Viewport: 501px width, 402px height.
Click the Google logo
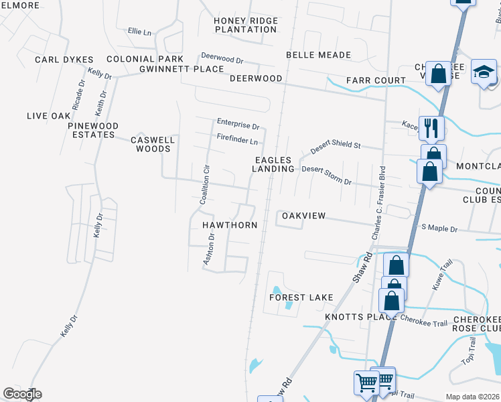[x=22, y=394]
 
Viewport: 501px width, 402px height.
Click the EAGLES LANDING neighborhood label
[x=273, y=164]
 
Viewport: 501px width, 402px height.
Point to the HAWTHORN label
[x=230, y=226]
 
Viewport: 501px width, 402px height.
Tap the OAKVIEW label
[x=303, y=216]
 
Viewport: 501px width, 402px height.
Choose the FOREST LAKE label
[x=301, y=297]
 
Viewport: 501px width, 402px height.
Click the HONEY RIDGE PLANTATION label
[x=245, y=25]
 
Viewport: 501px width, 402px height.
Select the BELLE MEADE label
[x=318, y=55]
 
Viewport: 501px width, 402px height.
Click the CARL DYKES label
[x=64, y=60]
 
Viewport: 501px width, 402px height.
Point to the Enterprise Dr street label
[x=238, y=124]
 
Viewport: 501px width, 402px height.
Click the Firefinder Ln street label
[x=237, y=141]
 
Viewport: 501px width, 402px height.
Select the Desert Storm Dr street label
[x=326, y=175]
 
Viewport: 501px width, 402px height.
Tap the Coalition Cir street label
[x=206, y=184]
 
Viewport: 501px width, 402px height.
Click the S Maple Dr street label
[x=439, y=229]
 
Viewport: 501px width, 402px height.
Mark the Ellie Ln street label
[x=139, y=31]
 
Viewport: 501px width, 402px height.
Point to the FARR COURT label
[x=376, y=80]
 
